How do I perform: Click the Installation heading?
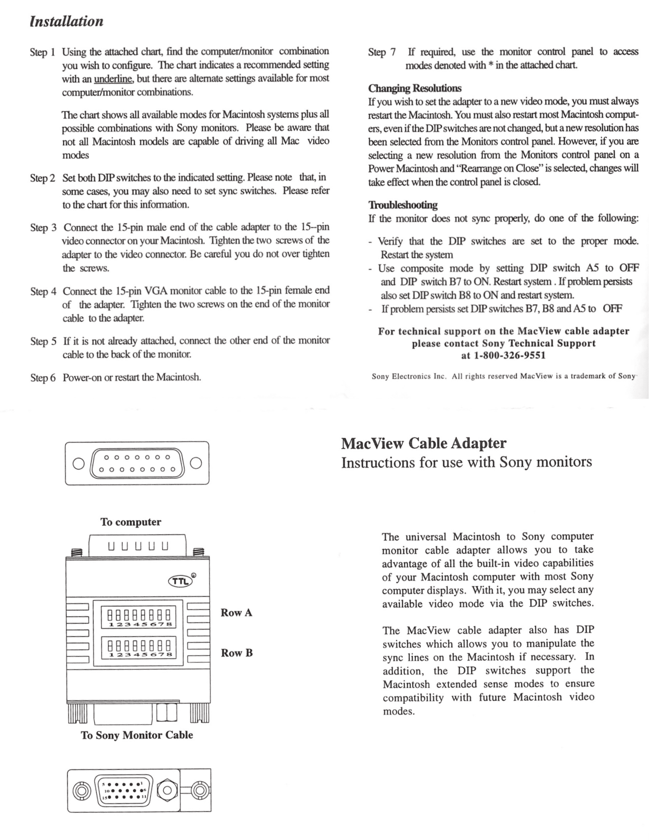pos(66,21)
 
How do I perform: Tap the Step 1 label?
pos(42,52)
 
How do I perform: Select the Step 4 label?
pos(43,292)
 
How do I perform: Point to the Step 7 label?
pos(382,52)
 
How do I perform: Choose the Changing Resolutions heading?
pos(415,88)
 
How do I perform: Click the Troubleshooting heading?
pos(403,205)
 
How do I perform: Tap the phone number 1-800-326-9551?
pos(509,355)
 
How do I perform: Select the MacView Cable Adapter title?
pos(424,443)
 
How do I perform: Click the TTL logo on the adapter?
pos(181,581)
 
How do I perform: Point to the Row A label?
pos(236,613)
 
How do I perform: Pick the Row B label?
pos(237,653)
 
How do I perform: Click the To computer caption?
pos(130,522)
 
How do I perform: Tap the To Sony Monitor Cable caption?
pos(137,735)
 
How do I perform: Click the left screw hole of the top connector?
pos(79,463)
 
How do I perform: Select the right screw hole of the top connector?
pos(196,463)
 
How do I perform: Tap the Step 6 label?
pos(43,377)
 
